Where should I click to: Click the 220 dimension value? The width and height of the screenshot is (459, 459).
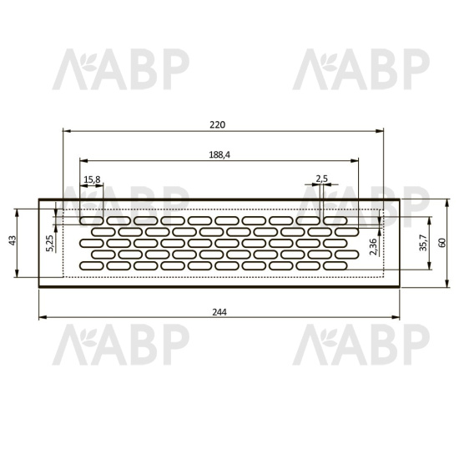tap(218, 124)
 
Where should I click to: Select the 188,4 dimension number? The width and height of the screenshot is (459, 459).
tap(219, 154)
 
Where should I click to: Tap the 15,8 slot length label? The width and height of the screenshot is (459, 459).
tap(92, 179)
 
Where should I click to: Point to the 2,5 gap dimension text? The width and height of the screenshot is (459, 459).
tap(321, 179)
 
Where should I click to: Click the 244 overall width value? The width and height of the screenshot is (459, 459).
tap(219, 312)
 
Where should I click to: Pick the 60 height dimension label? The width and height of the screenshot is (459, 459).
tap(442, 243)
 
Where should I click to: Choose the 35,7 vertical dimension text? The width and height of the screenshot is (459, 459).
tap(423, 243)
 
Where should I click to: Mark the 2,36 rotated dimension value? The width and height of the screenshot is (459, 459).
tap(373, 247)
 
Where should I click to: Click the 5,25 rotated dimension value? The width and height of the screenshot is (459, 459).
tap(50, 243)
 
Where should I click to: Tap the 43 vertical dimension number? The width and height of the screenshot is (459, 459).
tap(13, 240)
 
